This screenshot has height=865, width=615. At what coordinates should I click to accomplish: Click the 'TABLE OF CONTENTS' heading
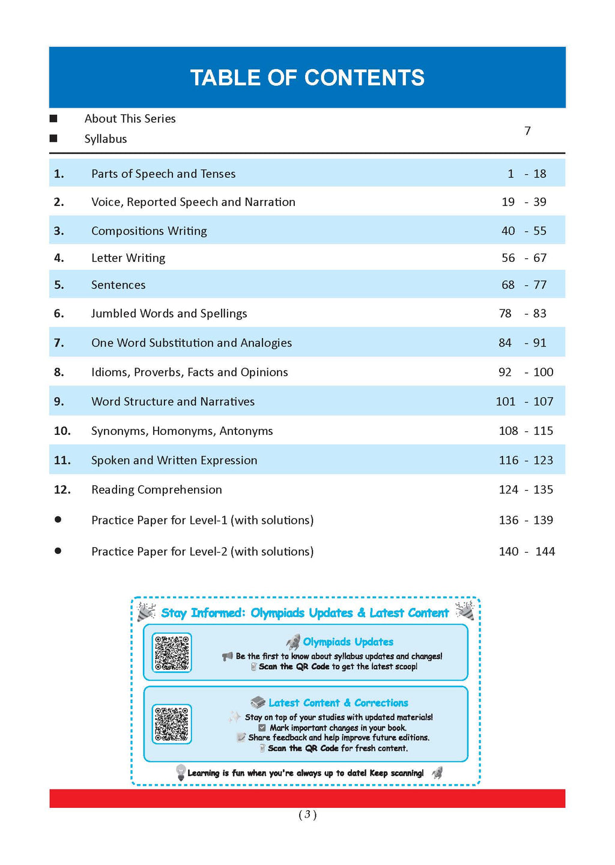pyautogui.click(x=307, y=77)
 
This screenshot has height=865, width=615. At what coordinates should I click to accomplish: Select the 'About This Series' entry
pyautogui.click(x=130, y=119)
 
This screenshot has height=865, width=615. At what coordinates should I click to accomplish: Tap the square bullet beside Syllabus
pyautogui.click(x=53, y=138)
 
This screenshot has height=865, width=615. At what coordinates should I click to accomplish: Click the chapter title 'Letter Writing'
pyautogui.click(x=128, y=258)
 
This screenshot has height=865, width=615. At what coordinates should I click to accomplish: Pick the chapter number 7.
pyautogui.click(x=59, y=342)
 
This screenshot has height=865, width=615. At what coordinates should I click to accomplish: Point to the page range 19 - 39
pyautogui.click(x=524, y=202)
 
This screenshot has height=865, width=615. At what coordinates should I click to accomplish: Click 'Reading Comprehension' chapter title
pyautogui.click(x=156, y=490)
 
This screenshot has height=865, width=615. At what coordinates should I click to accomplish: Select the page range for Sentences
pyautogui.click(x=524, y=285)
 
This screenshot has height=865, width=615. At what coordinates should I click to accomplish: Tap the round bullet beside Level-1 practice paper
pyautogui.click(x=58, y=520)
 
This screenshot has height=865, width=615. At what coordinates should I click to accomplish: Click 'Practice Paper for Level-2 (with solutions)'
pyautogui.click(x=202, y=551)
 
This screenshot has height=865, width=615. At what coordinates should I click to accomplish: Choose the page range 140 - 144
pyautogui.click(x=527, y=551)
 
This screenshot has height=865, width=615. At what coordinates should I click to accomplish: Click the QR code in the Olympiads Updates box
pyautogui.click(x=172, y=652)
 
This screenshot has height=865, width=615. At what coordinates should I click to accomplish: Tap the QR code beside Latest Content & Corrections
pyautogui.click(x=172, y=724)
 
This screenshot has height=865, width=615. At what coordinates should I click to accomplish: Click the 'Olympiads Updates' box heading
pyautogui.click(x=348, y=642)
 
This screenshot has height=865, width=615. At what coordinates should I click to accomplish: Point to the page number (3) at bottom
pyautogui.click(x=307, y=815)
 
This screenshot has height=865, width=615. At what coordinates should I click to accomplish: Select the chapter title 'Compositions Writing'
pyautogui.click(x=149, y=231)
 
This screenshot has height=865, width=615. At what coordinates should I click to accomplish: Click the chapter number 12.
pyautogui.click(x=62, y=490)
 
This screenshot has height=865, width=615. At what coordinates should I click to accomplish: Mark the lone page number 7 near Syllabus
pyautogui.click(x=527, y=131)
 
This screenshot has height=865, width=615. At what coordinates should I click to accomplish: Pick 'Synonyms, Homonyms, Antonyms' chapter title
pyautogui.click(x=182, y=431)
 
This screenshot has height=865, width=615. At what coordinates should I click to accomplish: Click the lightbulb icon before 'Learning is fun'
pyautogui.click(x=180, y=772)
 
